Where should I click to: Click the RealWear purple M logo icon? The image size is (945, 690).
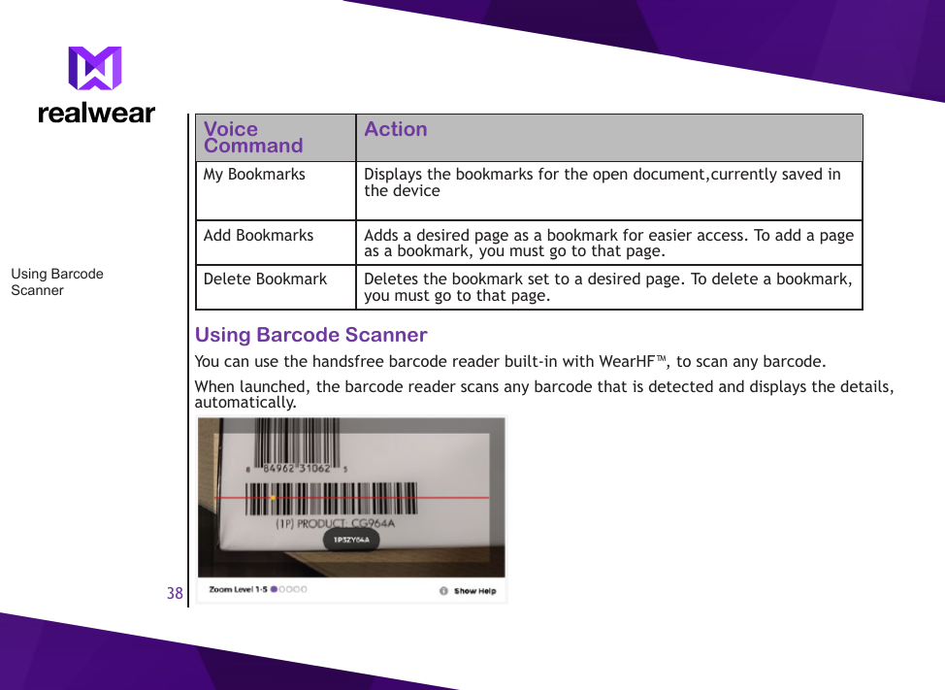click(95, 68)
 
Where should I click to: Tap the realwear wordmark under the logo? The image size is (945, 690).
click(96, 114)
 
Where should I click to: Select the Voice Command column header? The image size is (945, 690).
click(252, 138)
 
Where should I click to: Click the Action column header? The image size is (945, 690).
click(395, 130)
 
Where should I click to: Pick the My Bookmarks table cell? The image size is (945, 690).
click(254, 175)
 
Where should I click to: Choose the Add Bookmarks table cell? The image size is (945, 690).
click(258, 236)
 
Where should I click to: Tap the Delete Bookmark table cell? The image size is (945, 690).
click(265, 279)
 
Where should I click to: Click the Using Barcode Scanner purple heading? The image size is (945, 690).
click(310, 335)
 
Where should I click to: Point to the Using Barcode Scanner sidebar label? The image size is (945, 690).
click(56, 281)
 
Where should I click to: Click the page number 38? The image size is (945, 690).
click(175, 593)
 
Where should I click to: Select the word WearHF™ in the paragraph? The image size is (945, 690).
click(633, 362)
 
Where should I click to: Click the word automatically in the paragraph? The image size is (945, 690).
click(244, 403)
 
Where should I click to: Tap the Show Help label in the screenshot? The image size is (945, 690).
click(474, 591)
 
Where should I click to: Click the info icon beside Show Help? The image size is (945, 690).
click(443, 591)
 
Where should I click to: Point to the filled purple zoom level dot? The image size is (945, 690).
click(275, 589)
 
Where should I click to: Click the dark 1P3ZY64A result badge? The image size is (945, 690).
click(351, 541)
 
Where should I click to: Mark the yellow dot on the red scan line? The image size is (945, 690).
click(273, 498)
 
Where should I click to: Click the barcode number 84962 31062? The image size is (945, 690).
click(297, 469)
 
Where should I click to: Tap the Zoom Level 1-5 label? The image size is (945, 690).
click(238, 589)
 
